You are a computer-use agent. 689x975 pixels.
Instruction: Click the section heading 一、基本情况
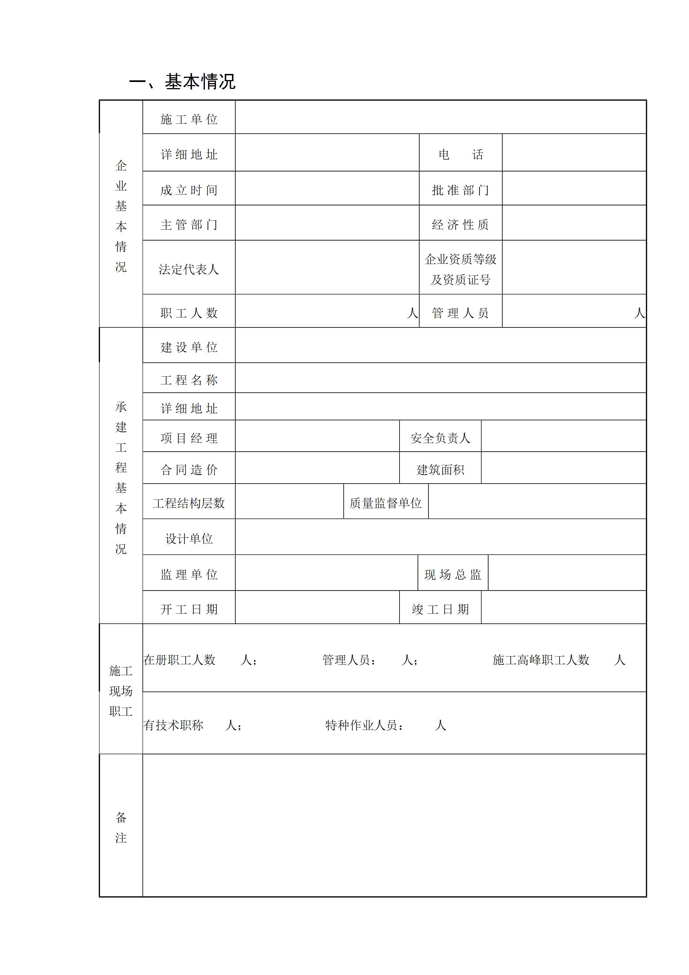tap(182, 81)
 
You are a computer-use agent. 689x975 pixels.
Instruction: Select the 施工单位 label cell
tap(189, 119)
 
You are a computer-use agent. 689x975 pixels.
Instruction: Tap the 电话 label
tap(461, 155)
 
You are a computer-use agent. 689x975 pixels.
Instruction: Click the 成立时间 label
tap(189, 190)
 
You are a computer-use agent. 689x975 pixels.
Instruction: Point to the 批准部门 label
tap(461, 190)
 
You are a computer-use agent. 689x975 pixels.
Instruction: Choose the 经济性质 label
tap(461, 225)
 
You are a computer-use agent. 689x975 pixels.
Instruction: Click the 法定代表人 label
tap(189, 269)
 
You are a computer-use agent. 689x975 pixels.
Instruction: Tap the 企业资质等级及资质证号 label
tap(461, 269)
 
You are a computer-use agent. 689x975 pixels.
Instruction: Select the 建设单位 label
tap(189, 347)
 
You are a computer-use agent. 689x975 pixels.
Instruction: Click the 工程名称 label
tap(189, 380)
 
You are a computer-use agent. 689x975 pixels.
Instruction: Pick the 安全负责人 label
tap(440, 438)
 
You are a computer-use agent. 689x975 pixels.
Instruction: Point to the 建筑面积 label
tap(440, 470)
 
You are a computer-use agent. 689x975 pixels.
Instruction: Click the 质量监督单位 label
tap(385, 503)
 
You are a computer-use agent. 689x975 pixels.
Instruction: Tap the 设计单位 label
tap(189, 539)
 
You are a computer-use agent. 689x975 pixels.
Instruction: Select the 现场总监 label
tap(453, 574)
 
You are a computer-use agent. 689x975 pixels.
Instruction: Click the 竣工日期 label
tap(440, 609)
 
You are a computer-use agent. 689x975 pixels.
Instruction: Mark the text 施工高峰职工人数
tap(541, 660)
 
